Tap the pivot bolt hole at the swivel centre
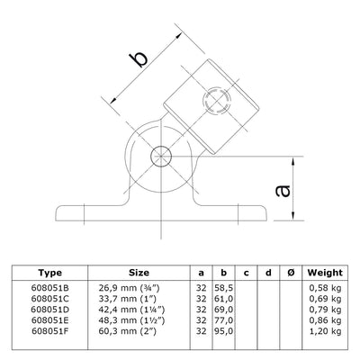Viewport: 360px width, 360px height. [x=159, y=155]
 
